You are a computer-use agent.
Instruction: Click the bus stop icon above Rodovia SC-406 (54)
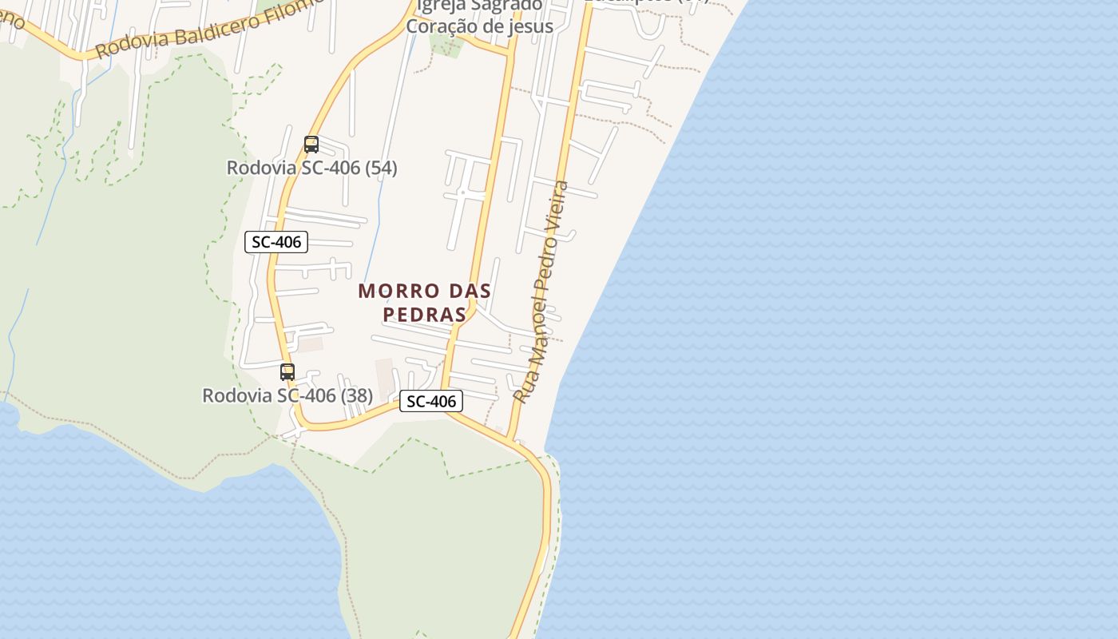tap(311, 145)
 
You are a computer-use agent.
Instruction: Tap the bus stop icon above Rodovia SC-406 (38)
tap(287, 372)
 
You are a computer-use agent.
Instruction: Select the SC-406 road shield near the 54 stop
tap(276, 242)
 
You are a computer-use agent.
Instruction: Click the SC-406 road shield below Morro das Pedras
tap(431, 402)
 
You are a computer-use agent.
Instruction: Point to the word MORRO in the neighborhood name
tap(390, 291)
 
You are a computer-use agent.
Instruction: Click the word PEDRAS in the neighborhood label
tap(424, 315)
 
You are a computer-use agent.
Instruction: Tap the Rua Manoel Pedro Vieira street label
tap(541, 292)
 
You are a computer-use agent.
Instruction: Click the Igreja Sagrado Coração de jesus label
tap(479, 16)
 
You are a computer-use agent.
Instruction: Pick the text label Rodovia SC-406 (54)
tap(311, 169)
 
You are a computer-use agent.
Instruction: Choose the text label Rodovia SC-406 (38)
tap(287, 395)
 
